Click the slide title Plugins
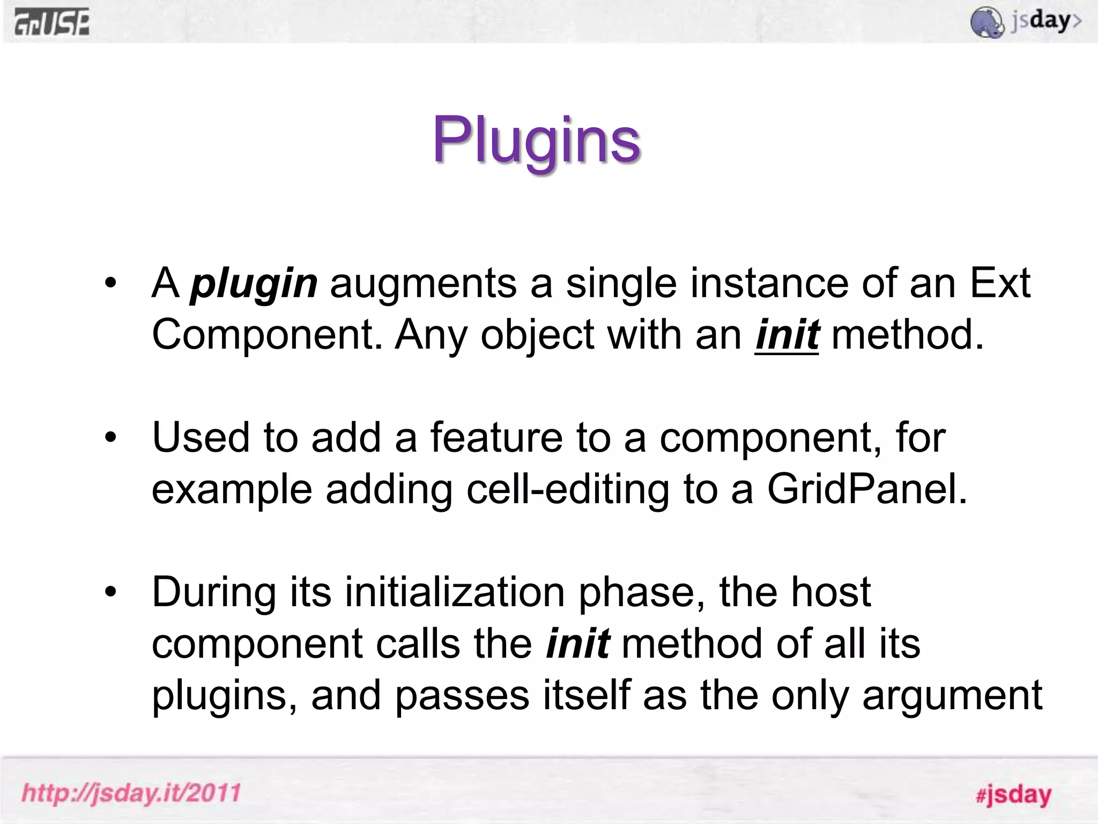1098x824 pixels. pos(536,141)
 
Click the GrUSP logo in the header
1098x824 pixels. pos(52,23)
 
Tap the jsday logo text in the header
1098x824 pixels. pos(1045,21)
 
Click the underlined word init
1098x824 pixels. pos(787,335)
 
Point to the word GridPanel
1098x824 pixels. pos(867,489)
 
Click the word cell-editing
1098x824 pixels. pos(568,489)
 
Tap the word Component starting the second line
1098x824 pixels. pos(267,335)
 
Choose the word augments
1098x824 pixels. pos(424,284)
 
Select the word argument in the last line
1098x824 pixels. pos(952,696)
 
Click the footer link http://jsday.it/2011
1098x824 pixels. pos(131,793)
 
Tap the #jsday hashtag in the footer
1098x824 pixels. pos(1013,794)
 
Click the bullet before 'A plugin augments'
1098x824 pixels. pos(110,283)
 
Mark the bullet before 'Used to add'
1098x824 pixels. pos(110,437)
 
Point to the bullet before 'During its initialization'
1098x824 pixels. pos(110,592)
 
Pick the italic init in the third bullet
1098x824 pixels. pos(577,644)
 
